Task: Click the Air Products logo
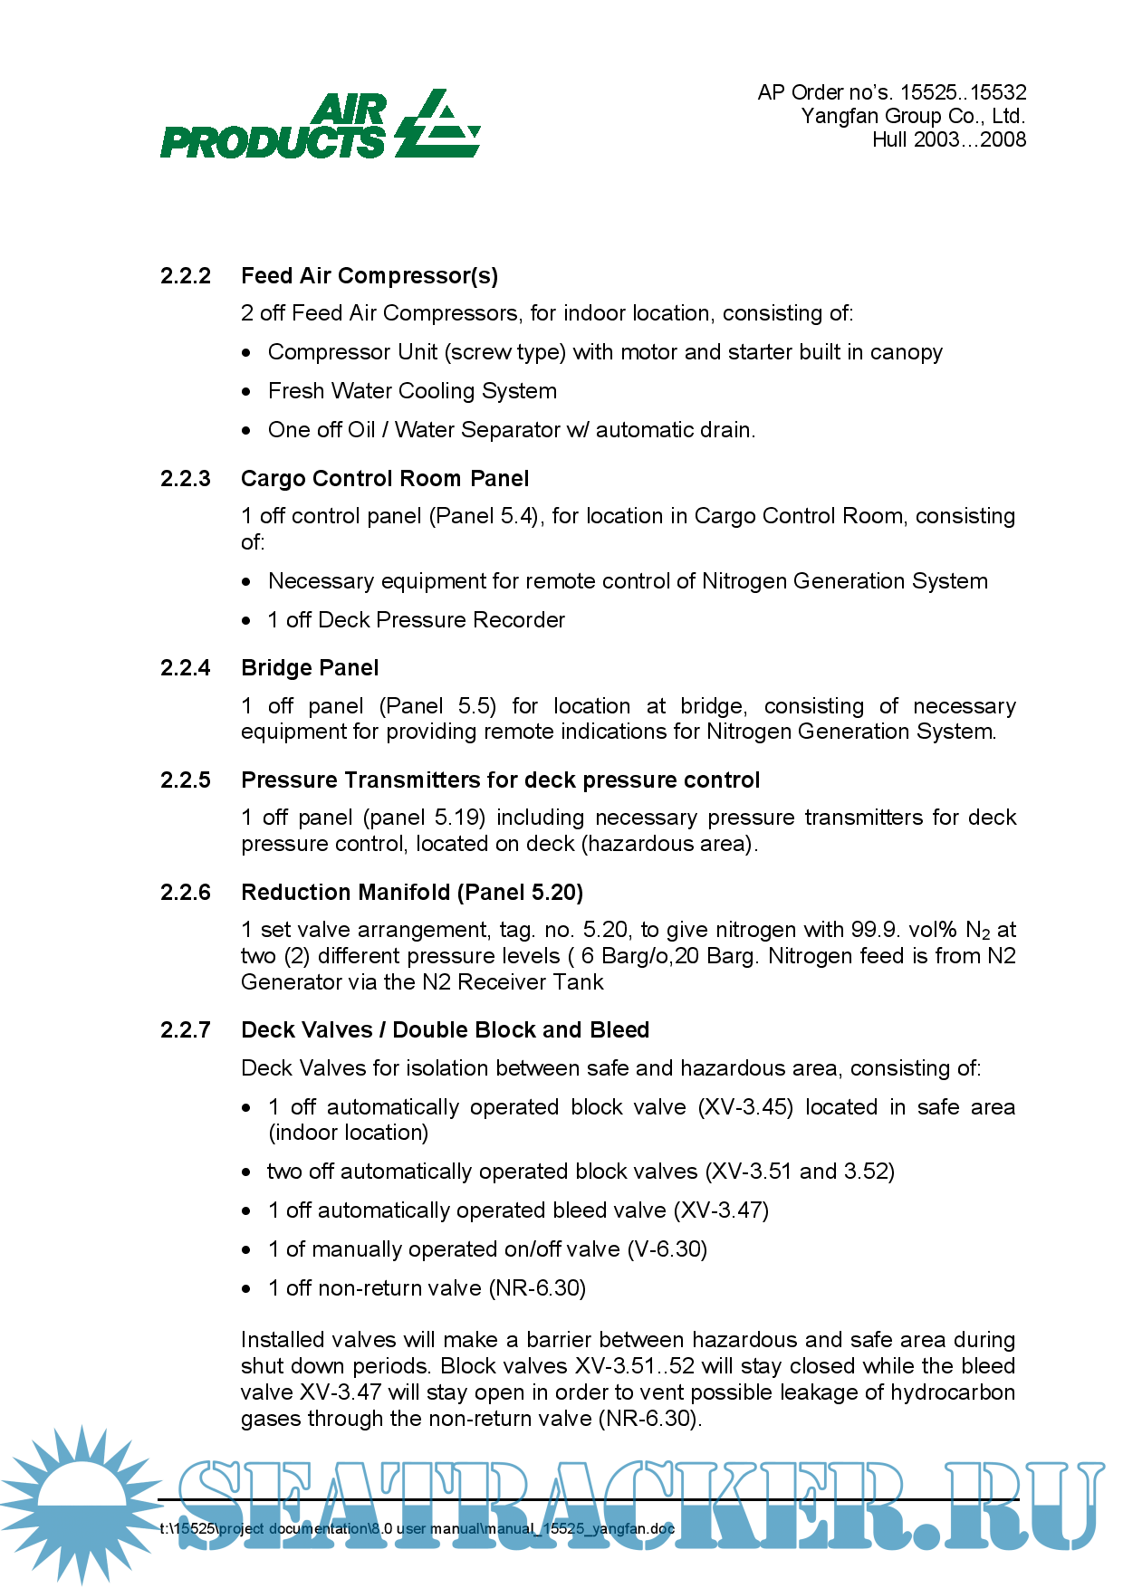coord(320,125)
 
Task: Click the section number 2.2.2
coord(186,276)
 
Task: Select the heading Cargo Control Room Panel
coord(385,479)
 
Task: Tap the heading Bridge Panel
coord(310,668)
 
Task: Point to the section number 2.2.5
coord(186,780)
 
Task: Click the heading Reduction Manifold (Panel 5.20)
coord(412,893)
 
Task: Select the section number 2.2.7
coord(186,1030)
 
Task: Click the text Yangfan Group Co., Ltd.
coord(913,116)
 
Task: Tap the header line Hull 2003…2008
coord(949,139)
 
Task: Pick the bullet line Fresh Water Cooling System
coord(412,391)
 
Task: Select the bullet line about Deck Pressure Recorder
coord(417,620)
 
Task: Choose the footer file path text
coord(418,1529)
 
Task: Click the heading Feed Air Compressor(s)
coord(370,276)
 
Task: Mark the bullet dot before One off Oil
coord(246,431)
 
